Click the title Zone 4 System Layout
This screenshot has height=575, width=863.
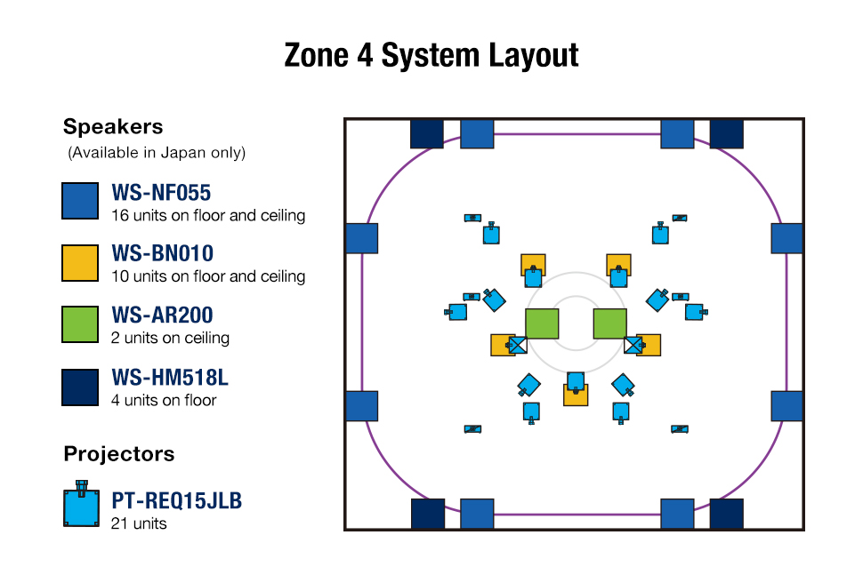431,55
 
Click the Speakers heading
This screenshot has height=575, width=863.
113,126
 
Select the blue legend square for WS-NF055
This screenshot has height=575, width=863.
80,201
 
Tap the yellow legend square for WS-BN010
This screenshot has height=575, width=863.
80,263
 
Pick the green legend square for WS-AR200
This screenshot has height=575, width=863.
80,324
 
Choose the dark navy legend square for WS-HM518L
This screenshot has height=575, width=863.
80,387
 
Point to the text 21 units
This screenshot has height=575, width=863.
139,523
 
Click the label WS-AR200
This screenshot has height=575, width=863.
162,315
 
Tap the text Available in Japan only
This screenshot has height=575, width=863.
157,153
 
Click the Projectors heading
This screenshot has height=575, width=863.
119,454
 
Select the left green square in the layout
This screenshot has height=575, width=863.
542,324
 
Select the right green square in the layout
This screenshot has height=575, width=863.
609,324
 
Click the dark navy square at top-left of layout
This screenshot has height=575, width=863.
426,134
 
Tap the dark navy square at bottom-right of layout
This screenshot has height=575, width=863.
726,514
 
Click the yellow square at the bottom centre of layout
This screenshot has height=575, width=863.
576,395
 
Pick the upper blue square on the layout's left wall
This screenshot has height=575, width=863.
361,238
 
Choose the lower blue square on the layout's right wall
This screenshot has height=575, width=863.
786,405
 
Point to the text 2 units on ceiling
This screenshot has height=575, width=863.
170,338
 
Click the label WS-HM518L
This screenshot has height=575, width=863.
169,377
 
